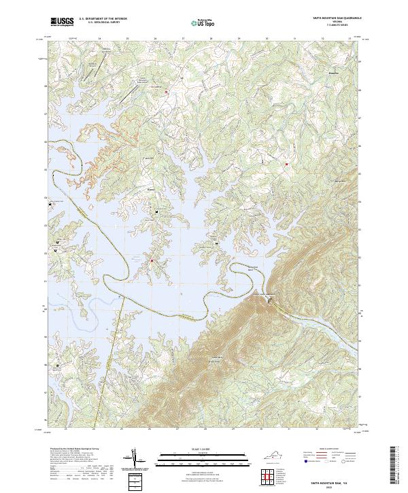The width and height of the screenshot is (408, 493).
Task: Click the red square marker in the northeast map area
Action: (287, 165)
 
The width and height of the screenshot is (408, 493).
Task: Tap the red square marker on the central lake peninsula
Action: (152, 260)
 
